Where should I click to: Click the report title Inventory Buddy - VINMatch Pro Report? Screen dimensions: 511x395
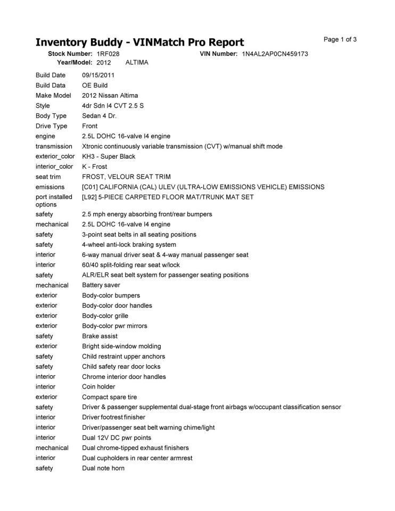point(139,42)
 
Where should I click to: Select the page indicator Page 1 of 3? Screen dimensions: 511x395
point(340,39)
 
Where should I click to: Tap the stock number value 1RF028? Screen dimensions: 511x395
point(108,54)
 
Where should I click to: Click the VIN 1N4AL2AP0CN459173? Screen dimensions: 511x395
point(275,54)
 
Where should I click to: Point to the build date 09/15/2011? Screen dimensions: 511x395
point(98,75)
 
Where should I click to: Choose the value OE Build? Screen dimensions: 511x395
point(95,85)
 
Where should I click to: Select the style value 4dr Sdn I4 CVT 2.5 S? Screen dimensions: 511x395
point(113,105)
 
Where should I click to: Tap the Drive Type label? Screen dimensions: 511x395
point(52,126)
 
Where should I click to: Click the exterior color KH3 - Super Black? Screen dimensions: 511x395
point(109,156)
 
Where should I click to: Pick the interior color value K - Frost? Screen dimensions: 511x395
point(94,167)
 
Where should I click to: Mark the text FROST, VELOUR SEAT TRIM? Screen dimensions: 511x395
point(126,177)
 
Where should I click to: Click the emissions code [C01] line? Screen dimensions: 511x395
point(203,187)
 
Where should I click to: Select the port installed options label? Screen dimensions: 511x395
point(54,201)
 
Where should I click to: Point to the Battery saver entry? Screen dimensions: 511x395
point(101,285)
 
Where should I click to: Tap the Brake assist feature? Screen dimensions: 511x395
point(100,336)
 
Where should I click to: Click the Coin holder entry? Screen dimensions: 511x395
point(98,386)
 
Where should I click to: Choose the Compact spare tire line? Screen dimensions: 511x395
point(109,397)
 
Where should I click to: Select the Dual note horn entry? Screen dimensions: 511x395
point(103,468)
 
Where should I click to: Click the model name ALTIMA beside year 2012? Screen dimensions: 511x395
point(137,62)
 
